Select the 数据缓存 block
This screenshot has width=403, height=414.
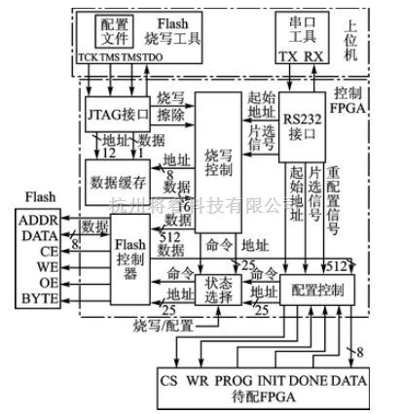pyautogui.click(x=122, y=183)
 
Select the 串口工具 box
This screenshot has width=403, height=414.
pyautogui.click(x=294, y=33)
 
